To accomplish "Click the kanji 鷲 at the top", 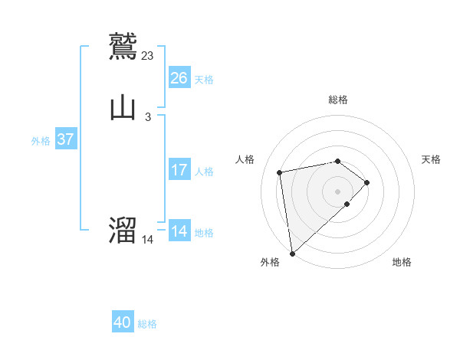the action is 123,46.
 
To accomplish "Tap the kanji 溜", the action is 123,230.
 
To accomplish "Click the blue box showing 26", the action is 179,78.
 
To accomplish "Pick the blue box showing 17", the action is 179,170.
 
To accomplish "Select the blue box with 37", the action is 65,139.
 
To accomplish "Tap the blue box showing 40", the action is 123,322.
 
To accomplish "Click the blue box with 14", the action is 179,231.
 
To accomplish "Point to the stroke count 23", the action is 148,55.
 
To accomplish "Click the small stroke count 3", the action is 147,117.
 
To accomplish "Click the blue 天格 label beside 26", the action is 204,80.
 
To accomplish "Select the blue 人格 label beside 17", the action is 204,172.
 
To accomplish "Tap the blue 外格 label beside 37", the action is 41,141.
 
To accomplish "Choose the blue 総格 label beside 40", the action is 147,324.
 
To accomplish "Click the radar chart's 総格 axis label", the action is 338,100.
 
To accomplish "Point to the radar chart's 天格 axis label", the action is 431,159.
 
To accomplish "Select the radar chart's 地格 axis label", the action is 402,262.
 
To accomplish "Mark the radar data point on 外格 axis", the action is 291,253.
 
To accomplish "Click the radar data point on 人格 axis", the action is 281,172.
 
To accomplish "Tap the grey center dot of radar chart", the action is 338,191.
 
